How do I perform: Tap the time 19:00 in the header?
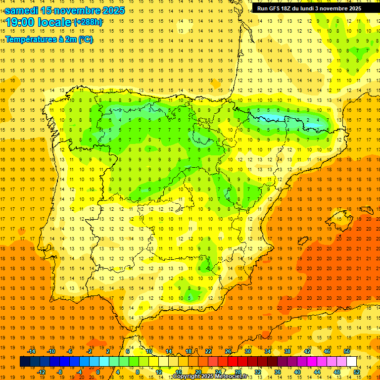tap(22, 22)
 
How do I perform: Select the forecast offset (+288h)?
tap(89, 22)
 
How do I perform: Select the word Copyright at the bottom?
tap(186, 377)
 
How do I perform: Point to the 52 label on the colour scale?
tap(357, 372)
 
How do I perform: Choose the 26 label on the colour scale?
tap(228, 351)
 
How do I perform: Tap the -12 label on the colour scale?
tap(41, 372)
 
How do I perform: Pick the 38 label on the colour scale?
tap(287, 351)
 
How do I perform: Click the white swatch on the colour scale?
tap(351, 362)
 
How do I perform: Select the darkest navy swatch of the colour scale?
tap(25, 362)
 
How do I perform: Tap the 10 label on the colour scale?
tap(149, 351)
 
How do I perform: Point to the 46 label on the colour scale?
tap(327, 351)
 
